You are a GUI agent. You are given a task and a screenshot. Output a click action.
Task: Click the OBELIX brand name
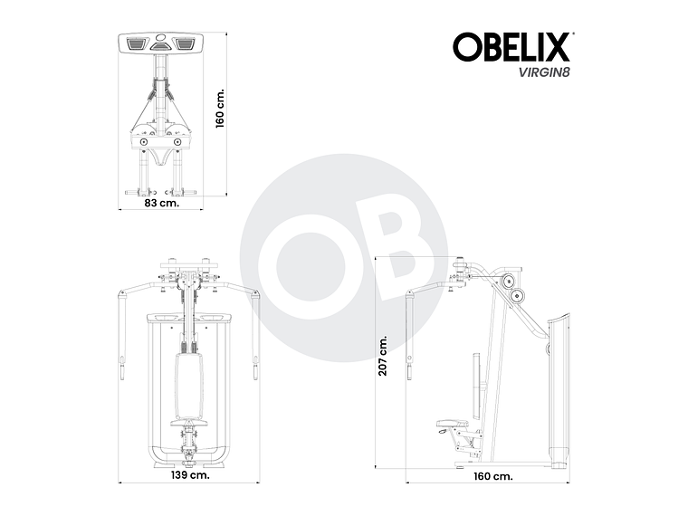click(511, 48)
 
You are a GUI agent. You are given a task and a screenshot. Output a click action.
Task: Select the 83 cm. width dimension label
click(162, 204)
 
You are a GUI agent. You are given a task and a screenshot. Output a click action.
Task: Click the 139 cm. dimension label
click(191, 474)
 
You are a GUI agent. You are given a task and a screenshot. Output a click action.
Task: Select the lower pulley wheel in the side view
click(518, 296)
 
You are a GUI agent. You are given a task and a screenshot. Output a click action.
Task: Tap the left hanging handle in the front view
click(122, 367)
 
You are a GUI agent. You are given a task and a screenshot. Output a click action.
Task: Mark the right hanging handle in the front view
click(257, 367)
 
